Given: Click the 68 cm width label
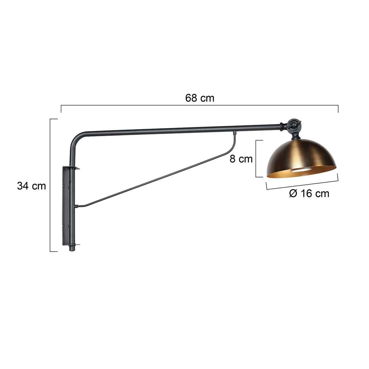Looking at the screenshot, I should pos(200,98).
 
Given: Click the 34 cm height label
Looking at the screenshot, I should pos(31,186).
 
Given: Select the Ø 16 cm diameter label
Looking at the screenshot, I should pos(309,193).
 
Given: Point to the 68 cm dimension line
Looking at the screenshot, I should pos(200,105).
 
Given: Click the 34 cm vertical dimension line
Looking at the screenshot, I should pos(50,184).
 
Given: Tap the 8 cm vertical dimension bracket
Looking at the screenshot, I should pos(256,159).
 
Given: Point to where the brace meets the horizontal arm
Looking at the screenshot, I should pos(235,133).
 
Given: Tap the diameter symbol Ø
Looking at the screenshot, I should pos(293,193).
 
